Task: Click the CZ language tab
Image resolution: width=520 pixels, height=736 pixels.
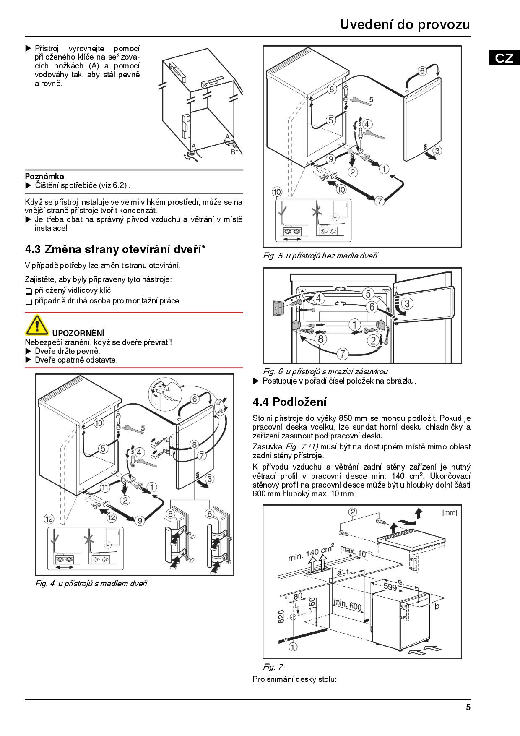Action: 504,58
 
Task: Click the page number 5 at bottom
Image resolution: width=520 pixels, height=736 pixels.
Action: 468,707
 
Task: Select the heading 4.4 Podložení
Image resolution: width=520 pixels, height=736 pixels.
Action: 289,402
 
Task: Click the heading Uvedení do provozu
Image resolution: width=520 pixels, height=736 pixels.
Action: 405,25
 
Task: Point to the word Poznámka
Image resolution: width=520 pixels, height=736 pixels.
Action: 44,176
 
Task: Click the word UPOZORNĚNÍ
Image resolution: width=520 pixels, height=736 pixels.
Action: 78,333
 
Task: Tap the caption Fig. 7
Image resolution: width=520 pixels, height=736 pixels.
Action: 273,667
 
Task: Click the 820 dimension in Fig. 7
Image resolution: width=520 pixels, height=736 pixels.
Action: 281,616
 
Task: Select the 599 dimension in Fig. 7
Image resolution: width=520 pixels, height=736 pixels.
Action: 390,587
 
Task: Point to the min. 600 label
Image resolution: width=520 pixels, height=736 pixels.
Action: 348,606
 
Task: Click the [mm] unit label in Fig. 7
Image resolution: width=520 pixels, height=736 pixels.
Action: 450,513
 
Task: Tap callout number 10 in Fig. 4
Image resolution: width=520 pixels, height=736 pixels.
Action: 99,423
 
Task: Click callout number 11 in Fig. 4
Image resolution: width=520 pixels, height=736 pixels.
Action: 105,487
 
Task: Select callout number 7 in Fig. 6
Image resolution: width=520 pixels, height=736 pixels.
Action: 343,354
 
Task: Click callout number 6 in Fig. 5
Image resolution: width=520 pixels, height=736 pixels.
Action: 422,71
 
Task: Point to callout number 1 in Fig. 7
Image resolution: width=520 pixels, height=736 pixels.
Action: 293,647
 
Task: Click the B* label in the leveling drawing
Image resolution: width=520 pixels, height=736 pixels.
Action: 234,152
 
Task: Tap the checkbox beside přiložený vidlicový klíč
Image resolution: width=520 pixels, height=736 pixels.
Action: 29,291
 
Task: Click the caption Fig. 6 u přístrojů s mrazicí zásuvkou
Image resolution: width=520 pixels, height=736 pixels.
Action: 325,371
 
